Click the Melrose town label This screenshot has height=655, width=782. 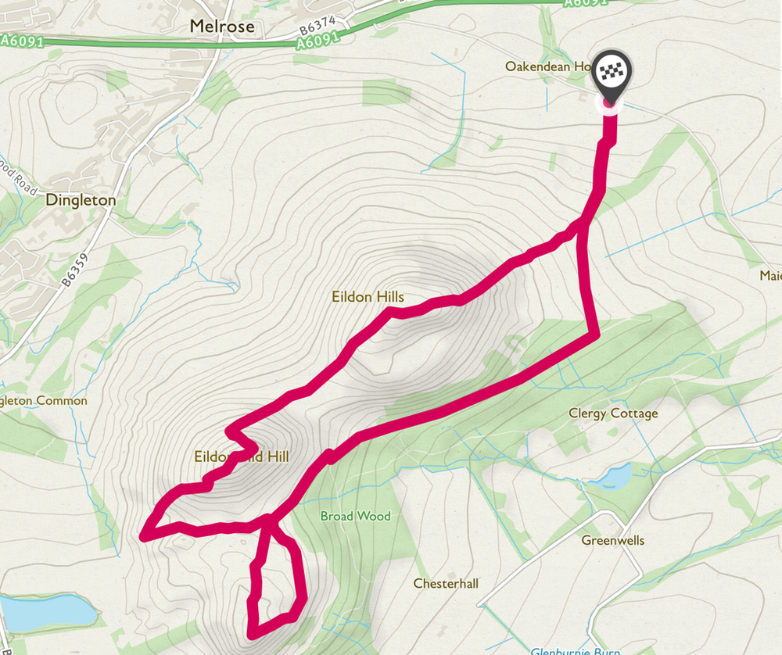(x=222, y=27)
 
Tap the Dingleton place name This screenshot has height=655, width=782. (x=81, y=200)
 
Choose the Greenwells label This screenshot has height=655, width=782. (x=612, y=540)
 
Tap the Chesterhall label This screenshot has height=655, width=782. (x=445, y=584)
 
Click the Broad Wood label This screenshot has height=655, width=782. (x=355, y=516)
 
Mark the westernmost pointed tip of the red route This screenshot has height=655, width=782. (x=144, y=536)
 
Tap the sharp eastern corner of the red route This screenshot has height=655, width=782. (x=596, y=335)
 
